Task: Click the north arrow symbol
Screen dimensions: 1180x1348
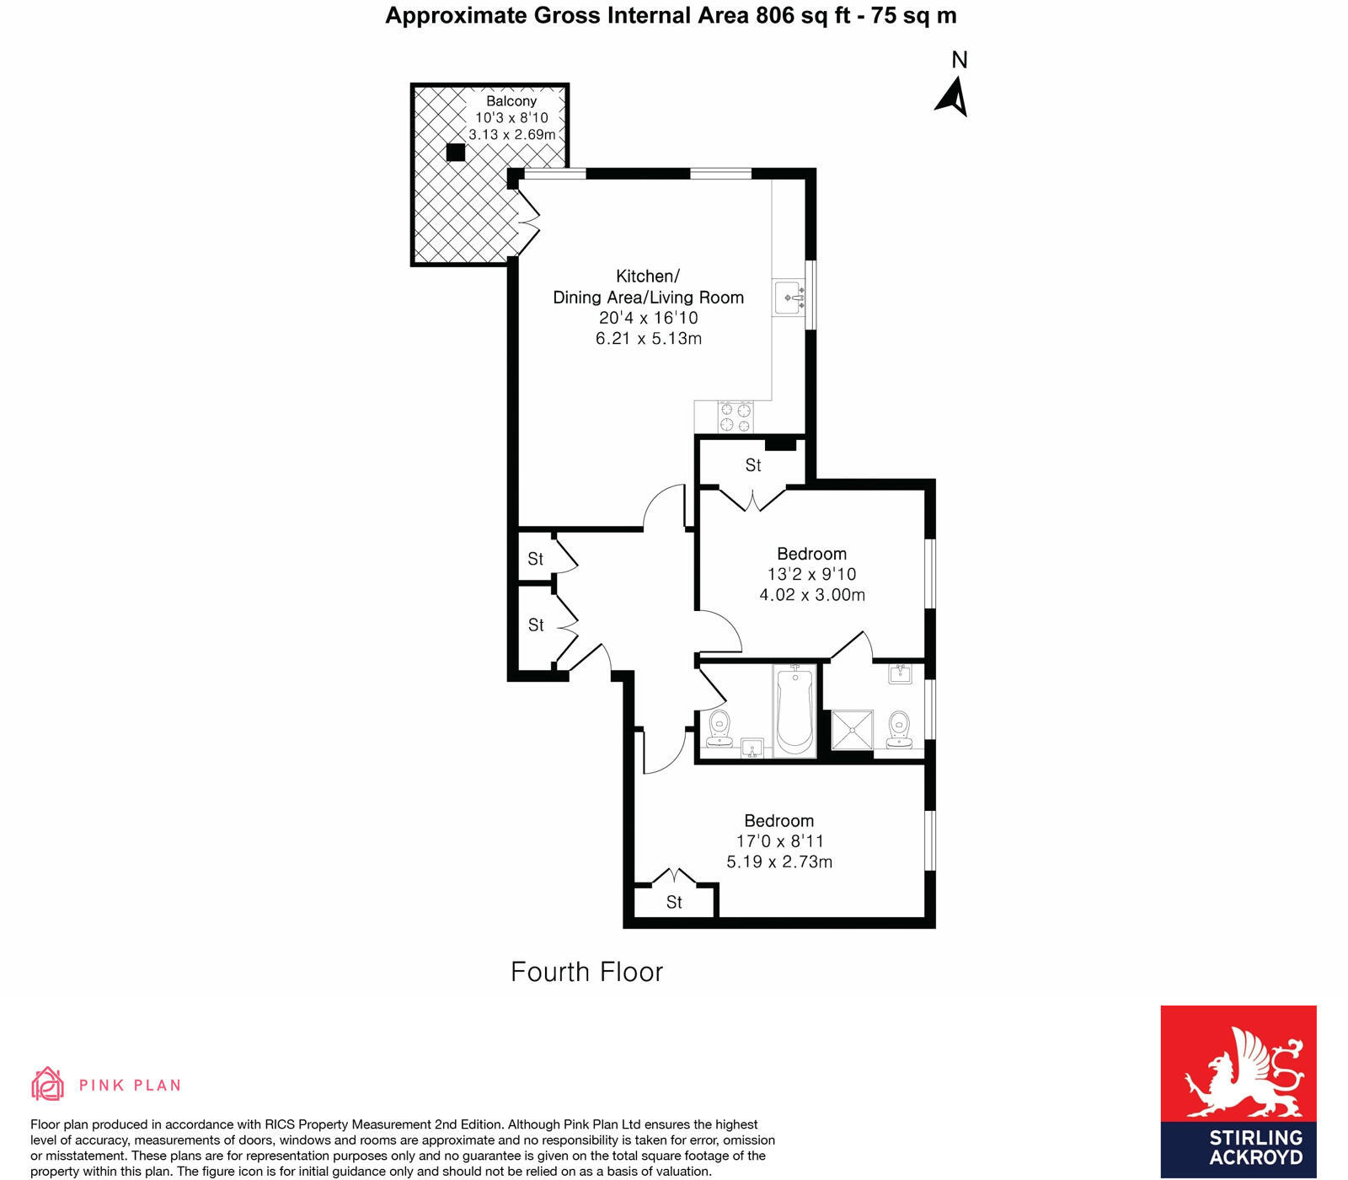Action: tap(952, 97)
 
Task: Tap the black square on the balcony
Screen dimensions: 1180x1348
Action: tap(456, 153)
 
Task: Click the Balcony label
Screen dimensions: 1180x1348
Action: tap(511, 101)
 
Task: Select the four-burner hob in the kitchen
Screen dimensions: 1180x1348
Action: tap(736, 418)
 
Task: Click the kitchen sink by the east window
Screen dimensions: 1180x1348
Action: tap(789, 298)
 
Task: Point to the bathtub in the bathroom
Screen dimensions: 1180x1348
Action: tap(794, 711)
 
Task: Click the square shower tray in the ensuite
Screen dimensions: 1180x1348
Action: tap(853, 730)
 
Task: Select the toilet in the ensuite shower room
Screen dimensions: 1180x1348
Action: tap(900, 729)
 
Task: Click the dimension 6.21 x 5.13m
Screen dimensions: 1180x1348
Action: tap(648, 339)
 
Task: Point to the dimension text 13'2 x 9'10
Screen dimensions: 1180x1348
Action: tap(811, 575)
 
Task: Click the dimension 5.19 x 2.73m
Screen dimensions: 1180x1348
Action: tap(779, 862)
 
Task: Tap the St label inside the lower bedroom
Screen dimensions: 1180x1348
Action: tap(674, 903)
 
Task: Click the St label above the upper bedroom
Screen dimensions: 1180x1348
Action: tap(753, 465)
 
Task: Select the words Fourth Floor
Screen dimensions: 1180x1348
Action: tap(586, 972)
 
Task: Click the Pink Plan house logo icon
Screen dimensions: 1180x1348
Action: tap(47, 1084)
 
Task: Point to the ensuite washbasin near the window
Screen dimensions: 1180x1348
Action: tap(901, 674)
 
